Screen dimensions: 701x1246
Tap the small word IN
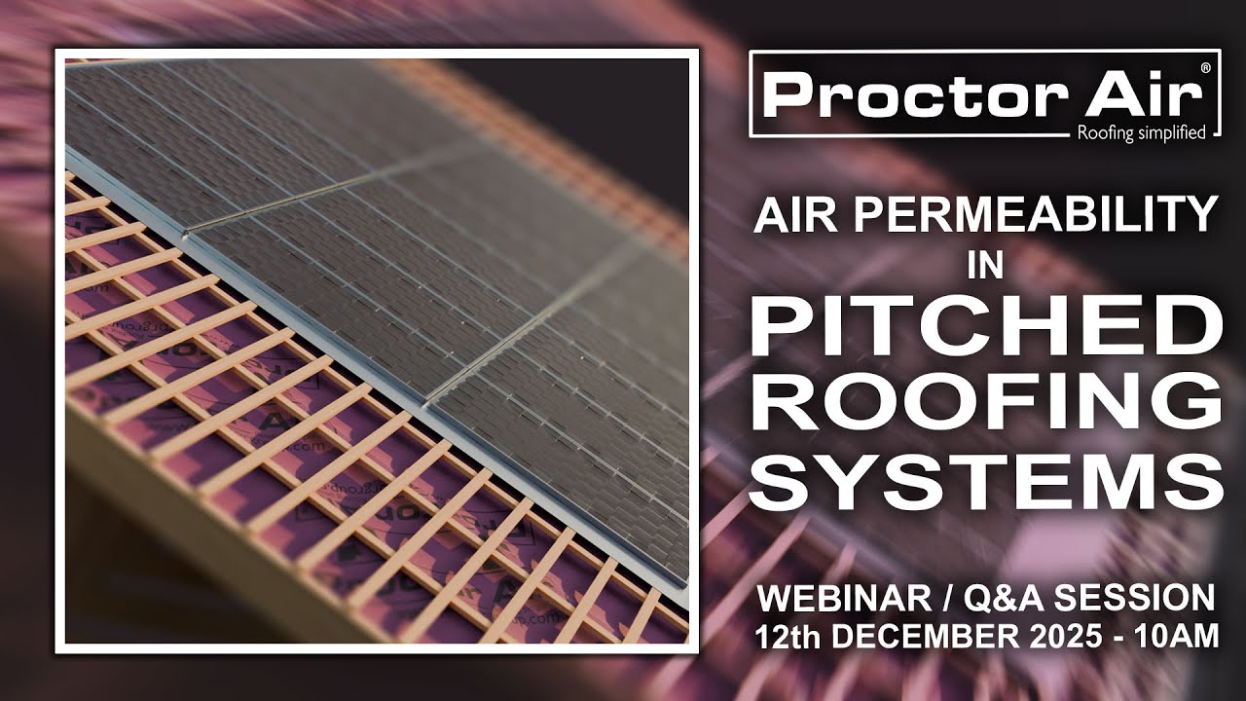click(985, 268)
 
